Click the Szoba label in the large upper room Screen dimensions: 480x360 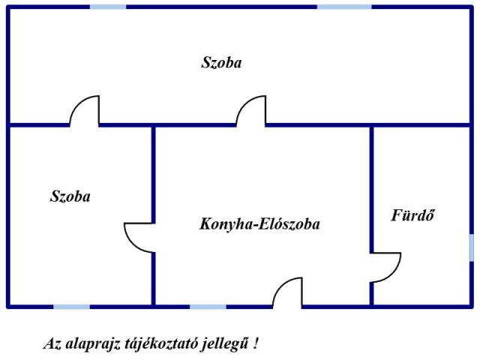[221, 63]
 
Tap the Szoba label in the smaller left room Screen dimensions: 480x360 [70, 196]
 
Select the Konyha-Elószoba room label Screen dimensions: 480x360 [259, 224]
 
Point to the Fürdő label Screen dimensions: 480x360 [412, 215]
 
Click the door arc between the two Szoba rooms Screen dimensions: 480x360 [76, 104]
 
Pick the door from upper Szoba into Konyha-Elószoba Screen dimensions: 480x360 [244, 104]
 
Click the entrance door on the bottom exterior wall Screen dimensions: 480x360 [280, 286]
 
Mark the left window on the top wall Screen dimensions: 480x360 [108, 7]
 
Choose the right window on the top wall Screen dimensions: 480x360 [344, 7]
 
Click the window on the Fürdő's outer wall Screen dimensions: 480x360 [472, 247]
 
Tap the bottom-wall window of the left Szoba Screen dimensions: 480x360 [72, 307]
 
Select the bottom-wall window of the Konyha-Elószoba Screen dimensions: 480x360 [208, 307]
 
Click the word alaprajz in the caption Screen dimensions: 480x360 [92, 344]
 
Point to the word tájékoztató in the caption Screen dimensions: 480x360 [161, 344]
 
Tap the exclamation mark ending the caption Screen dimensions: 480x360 [256, 343]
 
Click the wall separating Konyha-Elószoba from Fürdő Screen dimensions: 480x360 [372, 188]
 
